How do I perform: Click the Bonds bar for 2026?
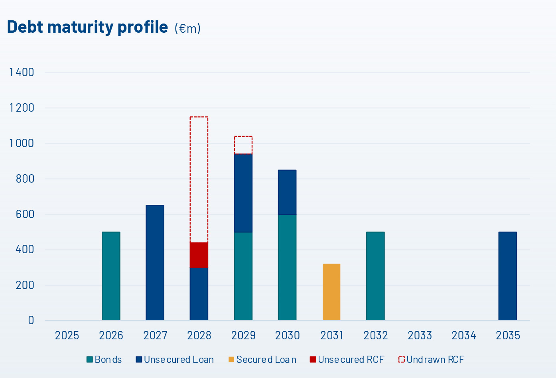(111, 276)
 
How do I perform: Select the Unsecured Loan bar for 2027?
(155, 262)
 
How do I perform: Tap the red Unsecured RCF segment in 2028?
(199, 255)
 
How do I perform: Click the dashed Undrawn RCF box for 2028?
(199, 179)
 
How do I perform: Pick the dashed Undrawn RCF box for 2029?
(243, 145)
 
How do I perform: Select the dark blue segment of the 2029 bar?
(243, 193)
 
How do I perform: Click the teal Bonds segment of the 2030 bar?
(287, 267)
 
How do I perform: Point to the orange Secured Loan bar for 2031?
(331, 292)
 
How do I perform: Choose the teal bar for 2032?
(375, 276)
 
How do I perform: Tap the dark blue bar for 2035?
(507, 276)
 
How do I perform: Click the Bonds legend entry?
(104, 360)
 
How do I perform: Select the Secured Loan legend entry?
(262, 360)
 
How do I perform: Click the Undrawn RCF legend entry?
(431, 360)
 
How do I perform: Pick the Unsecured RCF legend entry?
(347, 360)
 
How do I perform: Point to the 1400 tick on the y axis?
(22, 72)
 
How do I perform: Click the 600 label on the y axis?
(25, 214)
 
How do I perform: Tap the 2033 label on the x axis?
(420, 335)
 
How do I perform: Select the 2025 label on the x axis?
(67, 335)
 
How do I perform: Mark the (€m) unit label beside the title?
(187, 28)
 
